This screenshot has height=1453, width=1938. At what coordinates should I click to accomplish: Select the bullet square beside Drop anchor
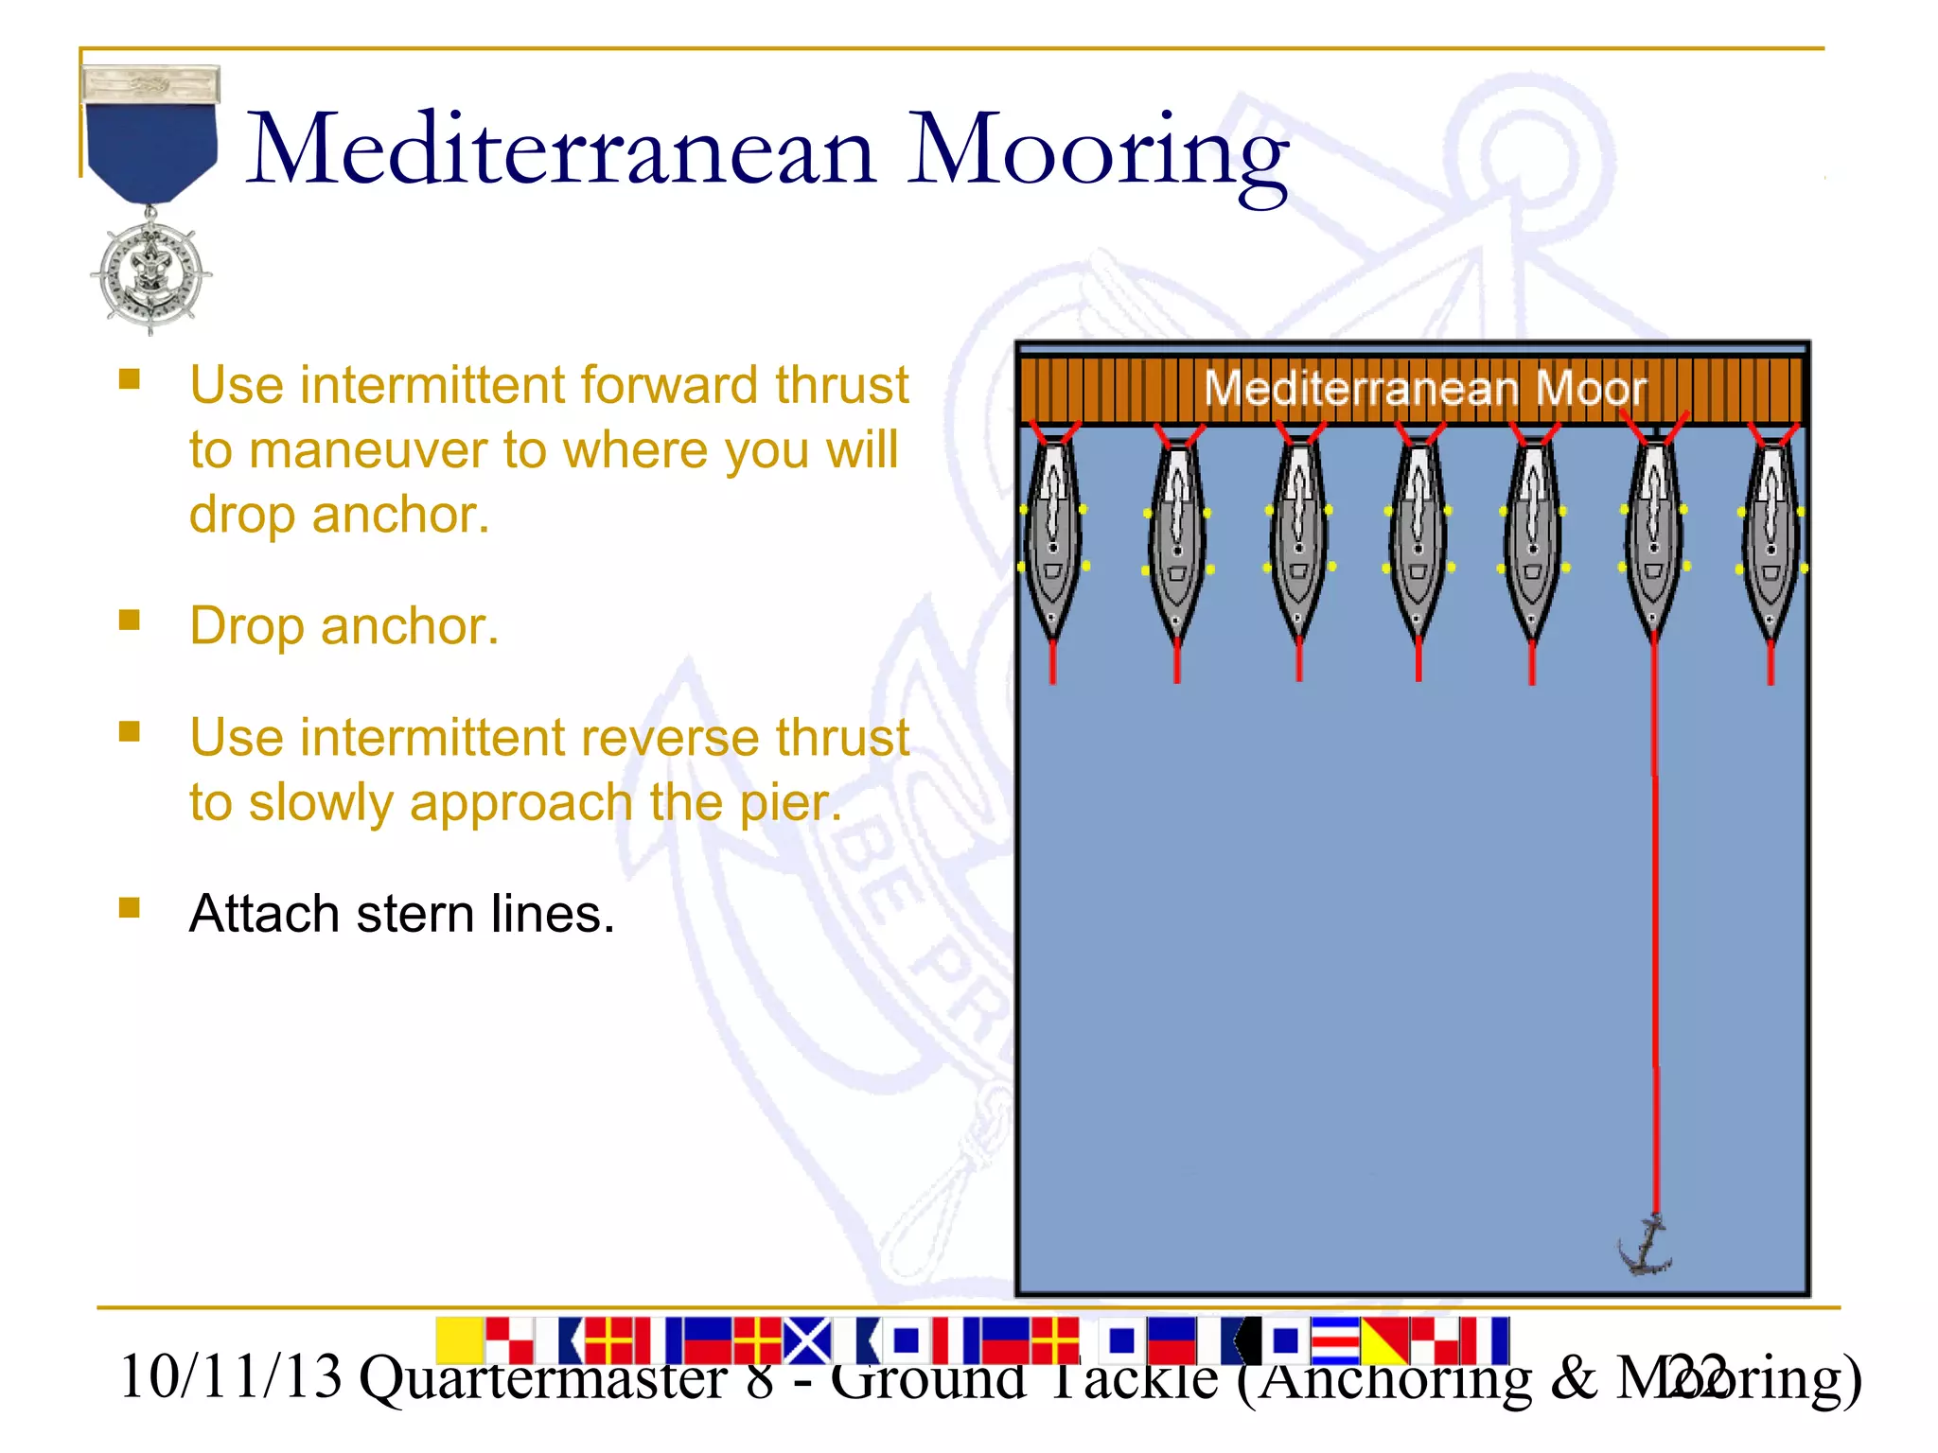[x=130, y=620]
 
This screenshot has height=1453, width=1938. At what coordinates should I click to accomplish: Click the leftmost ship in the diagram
[x=1053, y=539]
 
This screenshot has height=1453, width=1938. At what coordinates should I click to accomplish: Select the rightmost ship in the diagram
[x=1771, y=539]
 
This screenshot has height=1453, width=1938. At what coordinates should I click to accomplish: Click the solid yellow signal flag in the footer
[x=460, y=1339]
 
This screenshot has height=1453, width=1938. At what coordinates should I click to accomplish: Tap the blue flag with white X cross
[x=807, y=1340]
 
